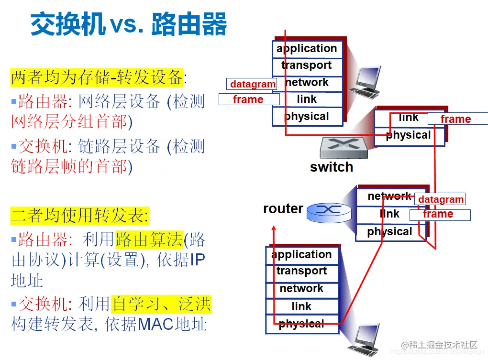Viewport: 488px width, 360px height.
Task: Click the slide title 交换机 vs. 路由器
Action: (128, 24)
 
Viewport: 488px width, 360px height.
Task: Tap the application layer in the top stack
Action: (307, 49)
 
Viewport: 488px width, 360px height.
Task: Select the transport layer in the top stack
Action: (307, 65)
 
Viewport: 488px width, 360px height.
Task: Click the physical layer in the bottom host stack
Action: (302, 324)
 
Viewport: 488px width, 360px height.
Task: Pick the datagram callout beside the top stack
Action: (252, 84)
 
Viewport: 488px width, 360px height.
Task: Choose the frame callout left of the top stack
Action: (248, 99)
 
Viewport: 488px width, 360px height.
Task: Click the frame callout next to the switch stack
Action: (456, 119)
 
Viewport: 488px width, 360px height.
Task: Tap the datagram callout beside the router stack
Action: (441, 199)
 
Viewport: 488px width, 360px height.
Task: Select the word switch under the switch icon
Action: (332, 167)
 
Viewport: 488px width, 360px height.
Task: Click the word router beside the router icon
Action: (283, 209)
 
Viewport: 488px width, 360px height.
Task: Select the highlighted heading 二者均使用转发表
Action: (79, 215)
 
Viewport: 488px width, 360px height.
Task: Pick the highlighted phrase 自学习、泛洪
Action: (161, 303)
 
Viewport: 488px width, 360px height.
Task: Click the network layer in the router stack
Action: (389, 196)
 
